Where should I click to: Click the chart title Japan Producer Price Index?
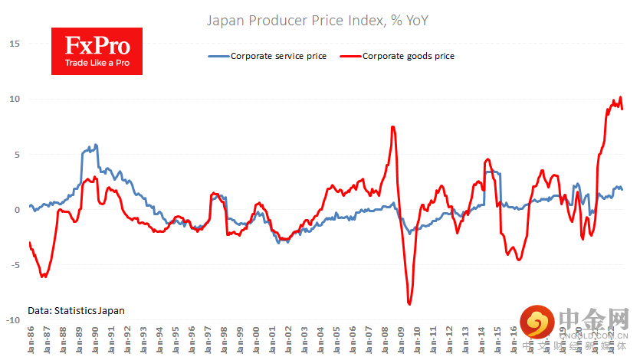tap(317, 21)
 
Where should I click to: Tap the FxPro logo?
tap(97, 51)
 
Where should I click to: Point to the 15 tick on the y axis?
tap(13, 44)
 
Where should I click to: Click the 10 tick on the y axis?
tap(13, 99)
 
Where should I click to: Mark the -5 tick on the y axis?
tap(13, 265)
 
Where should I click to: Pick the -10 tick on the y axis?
tap(11, 320)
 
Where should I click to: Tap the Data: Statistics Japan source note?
tap(76, 310)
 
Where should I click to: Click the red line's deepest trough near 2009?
tap(409, 304)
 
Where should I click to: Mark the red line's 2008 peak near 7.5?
tap(393, 127)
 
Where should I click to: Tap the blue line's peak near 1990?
tap(95, 145)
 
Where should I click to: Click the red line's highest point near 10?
tap(620, 98)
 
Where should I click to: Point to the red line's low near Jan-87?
tap(44, 276)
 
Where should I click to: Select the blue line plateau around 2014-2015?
tap(493, 172)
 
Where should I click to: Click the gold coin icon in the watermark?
tap(537, 322)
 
